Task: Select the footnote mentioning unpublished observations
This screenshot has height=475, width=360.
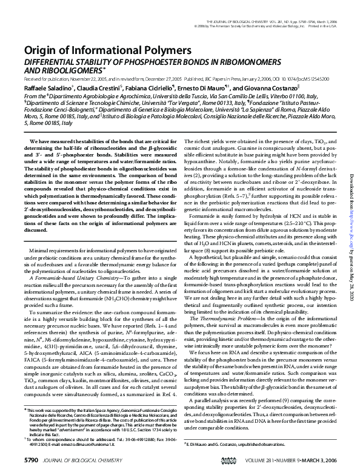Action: click(239, 445)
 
